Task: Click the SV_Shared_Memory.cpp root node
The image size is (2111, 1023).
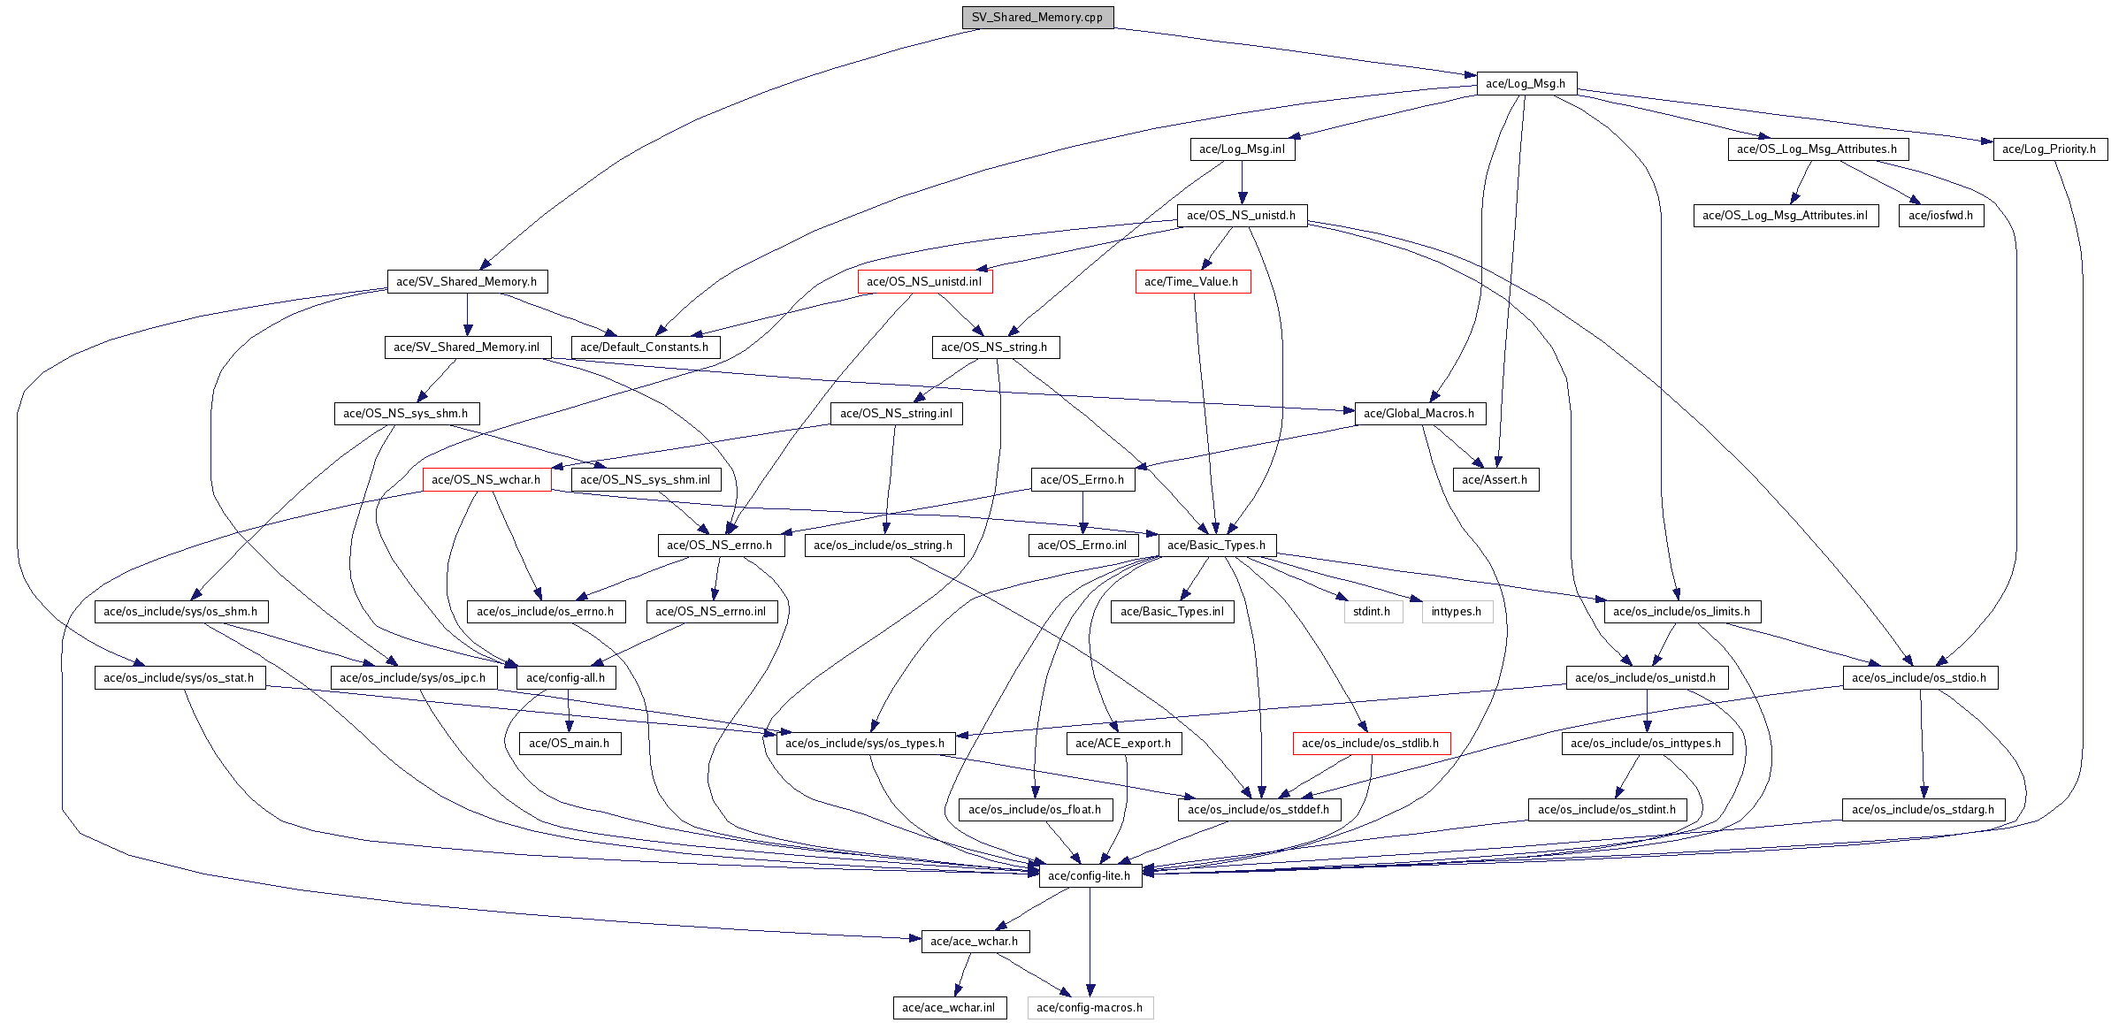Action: (1037, 17)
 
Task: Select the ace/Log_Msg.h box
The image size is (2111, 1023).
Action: (1526, 83)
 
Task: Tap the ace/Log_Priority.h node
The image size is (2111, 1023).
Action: (2049, 149)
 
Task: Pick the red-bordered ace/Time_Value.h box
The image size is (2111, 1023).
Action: (1192, 281)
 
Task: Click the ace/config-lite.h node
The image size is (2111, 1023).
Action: (1090, 875)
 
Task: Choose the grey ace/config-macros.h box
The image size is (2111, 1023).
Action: (1090, 1007)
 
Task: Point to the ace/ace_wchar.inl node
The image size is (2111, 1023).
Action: (949, 1007)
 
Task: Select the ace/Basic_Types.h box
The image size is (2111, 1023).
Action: (1217, 545)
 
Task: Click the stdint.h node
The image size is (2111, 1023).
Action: (1373, 611)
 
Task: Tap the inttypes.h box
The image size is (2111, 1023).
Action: (1457, 611)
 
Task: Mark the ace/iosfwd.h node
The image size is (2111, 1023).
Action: (1941, 215)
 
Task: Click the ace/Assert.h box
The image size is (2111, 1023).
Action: (1495, 479)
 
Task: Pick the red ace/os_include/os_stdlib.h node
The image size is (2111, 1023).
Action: (1371, 743)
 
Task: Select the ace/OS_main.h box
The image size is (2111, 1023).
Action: (570, 743)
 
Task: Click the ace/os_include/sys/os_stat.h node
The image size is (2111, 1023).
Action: (180, 677)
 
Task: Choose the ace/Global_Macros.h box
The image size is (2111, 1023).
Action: (1419, 413)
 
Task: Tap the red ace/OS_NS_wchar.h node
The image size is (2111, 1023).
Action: (486, 479)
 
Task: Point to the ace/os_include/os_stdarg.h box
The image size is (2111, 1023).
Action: (1924, 809)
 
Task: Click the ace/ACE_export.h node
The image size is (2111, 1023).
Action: (1123, 743)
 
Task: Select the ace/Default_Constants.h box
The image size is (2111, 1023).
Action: (645, 347)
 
